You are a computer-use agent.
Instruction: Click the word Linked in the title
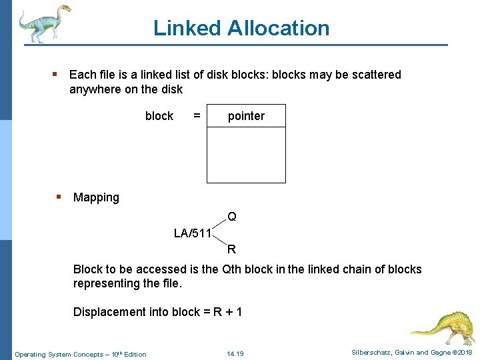click(187, 28)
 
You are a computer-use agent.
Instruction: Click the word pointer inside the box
click(246, 116)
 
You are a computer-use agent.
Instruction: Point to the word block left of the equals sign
click(159, 116)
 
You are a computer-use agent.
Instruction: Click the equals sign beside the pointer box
click(197, 116)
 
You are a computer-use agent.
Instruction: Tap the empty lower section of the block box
click(246, 154)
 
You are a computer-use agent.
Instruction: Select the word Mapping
click(96, 197)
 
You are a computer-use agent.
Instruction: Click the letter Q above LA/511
click(231, 217)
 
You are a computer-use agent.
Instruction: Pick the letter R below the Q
click(231, 250)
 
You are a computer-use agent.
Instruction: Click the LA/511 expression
click(192, 233)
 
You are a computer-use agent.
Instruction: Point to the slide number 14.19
click(235, 354)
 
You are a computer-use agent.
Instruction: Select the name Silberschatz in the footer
click(365, 352)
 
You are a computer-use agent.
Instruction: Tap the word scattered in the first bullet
click(374, 75)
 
